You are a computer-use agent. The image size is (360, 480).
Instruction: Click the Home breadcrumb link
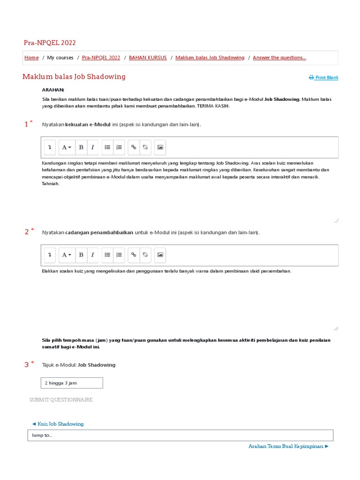pyautogui.click(x=31, y=58)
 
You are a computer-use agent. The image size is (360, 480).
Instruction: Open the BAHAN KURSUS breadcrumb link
pyautogui.click(x=148, y=58)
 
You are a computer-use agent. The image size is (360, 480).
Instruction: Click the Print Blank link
pyautogui.click(x=324, y=78)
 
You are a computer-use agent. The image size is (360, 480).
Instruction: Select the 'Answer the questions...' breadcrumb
pyautogui.click(x=279, y=58)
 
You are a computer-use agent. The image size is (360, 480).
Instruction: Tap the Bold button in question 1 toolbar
pyautogui.click(x=81, y=147)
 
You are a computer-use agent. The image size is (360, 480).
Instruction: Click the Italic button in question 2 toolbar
pyautogui.click(x=93, y=255)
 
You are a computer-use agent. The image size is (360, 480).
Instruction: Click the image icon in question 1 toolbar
pyautogui.click(x=160, y=147)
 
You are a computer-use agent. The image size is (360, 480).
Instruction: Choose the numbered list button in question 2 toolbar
pyautogui.click(x=119, y=255)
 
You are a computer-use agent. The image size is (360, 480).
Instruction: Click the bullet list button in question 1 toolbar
pyautogui.click(x=107, y=147)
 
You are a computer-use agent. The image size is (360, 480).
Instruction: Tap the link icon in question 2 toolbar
pyautogui.click(x=134, y=255)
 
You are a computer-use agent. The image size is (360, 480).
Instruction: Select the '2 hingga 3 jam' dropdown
pyautogui.click(x=72, y=383)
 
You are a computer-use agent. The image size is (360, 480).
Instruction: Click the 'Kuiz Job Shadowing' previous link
pyautogui.click(x=58, y=424)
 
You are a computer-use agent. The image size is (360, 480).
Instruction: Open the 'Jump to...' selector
pyautogui.click(x=180, y=435)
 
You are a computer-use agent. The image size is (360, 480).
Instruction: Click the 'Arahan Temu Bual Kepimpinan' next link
pyautogui.click(x=288, y=447)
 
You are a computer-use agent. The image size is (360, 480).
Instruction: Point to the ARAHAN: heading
pyautogui.click(x=53, y=90)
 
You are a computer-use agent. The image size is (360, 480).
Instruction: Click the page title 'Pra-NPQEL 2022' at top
pyautogui.click(x=50, y=43)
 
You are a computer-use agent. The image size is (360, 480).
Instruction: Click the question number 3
pyautogui.click(x=27, y=365)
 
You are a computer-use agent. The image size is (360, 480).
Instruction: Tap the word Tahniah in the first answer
pyautogui.click(x=51, y=184)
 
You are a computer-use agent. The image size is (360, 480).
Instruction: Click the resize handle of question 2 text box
pyautogui.click(x=336, y=329)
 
